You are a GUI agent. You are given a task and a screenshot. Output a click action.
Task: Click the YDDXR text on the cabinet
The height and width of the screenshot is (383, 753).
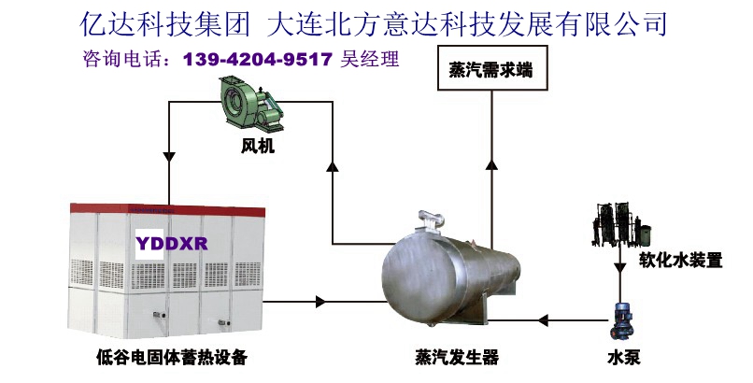(x=171, y=244)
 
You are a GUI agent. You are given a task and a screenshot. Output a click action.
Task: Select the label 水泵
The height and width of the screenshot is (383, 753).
(x=623, y=357)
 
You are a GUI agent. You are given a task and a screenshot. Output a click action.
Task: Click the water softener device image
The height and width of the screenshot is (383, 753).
(x=616, y=224)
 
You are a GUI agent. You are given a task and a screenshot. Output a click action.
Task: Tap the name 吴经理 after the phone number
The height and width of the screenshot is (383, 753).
(x=371, y=60)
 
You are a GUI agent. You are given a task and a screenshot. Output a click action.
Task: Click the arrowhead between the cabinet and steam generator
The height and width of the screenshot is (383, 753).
(x=322, y=302)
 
